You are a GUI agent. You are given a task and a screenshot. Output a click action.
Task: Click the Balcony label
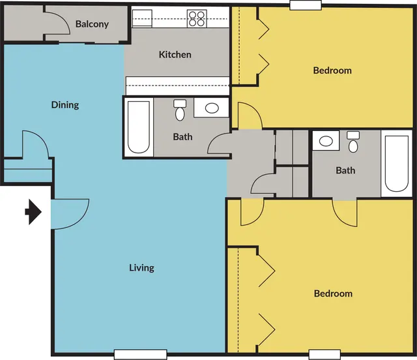click(x=92, y=24)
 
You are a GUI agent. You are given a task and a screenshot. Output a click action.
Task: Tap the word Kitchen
click(x=175, y=55)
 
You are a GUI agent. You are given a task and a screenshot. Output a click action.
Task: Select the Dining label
click(x=65, y=105)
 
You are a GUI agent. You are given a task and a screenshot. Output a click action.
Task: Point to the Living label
click(x=141, y=268)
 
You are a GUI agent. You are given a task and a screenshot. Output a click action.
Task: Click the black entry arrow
click(x=33, y=212)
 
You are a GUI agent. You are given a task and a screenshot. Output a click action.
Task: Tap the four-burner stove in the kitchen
click(x=197, y=19)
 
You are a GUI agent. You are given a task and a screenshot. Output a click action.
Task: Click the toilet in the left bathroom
click(x=180, y=110)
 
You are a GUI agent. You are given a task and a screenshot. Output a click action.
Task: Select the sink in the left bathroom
click(x=211, y=108)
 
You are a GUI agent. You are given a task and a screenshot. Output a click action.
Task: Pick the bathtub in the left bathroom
click(x=139, y=127)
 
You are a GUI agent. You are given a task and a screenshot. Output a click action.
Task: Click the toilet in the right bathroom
click(x=353, y=142)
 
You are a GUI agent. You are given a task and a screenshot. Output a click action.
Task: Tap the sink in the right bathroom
click(x=326, y=141)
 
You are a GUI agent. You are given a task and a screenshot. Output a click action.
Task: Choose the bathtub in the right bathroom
click(x=397, y=164)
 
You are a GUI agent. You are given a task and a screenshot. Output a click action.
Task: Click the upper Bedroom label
click(x=332, y=70)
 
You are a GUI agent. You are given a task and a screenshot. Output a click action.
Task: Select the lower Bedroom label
click(x=333, y=293)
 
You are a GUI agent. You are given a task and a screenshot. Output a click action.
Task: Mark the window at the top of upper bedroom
click(x=306, y=5)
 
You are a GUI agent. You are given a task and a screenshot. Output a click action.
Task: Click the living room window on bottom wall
click(x=141, y=355)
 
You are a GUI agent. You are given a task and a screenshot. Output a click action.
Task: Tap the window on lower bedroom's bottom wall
click(x=324, y=355)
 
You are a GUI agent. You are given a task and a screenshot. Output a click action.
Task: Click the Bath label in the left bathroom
click(x=182, y=137)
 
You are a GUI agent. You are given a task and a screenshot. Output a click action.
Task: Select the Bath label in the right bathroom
click(x=345, y=170)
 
